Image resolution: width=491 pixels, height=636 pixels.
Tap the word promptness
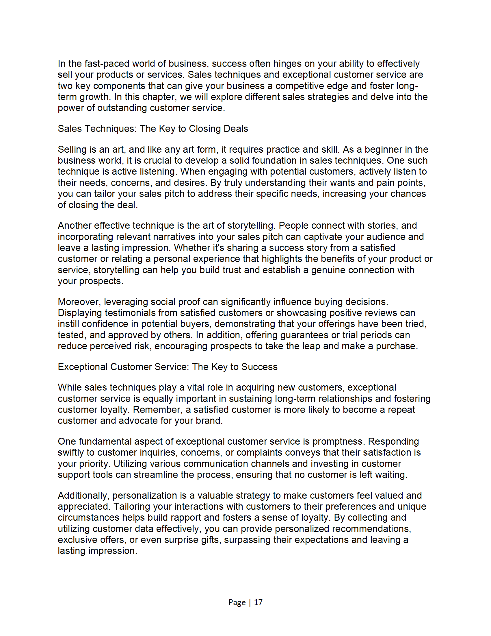coord(338,441)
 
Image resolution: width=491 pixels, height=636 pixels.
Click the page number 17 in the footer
coord(258,602)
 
